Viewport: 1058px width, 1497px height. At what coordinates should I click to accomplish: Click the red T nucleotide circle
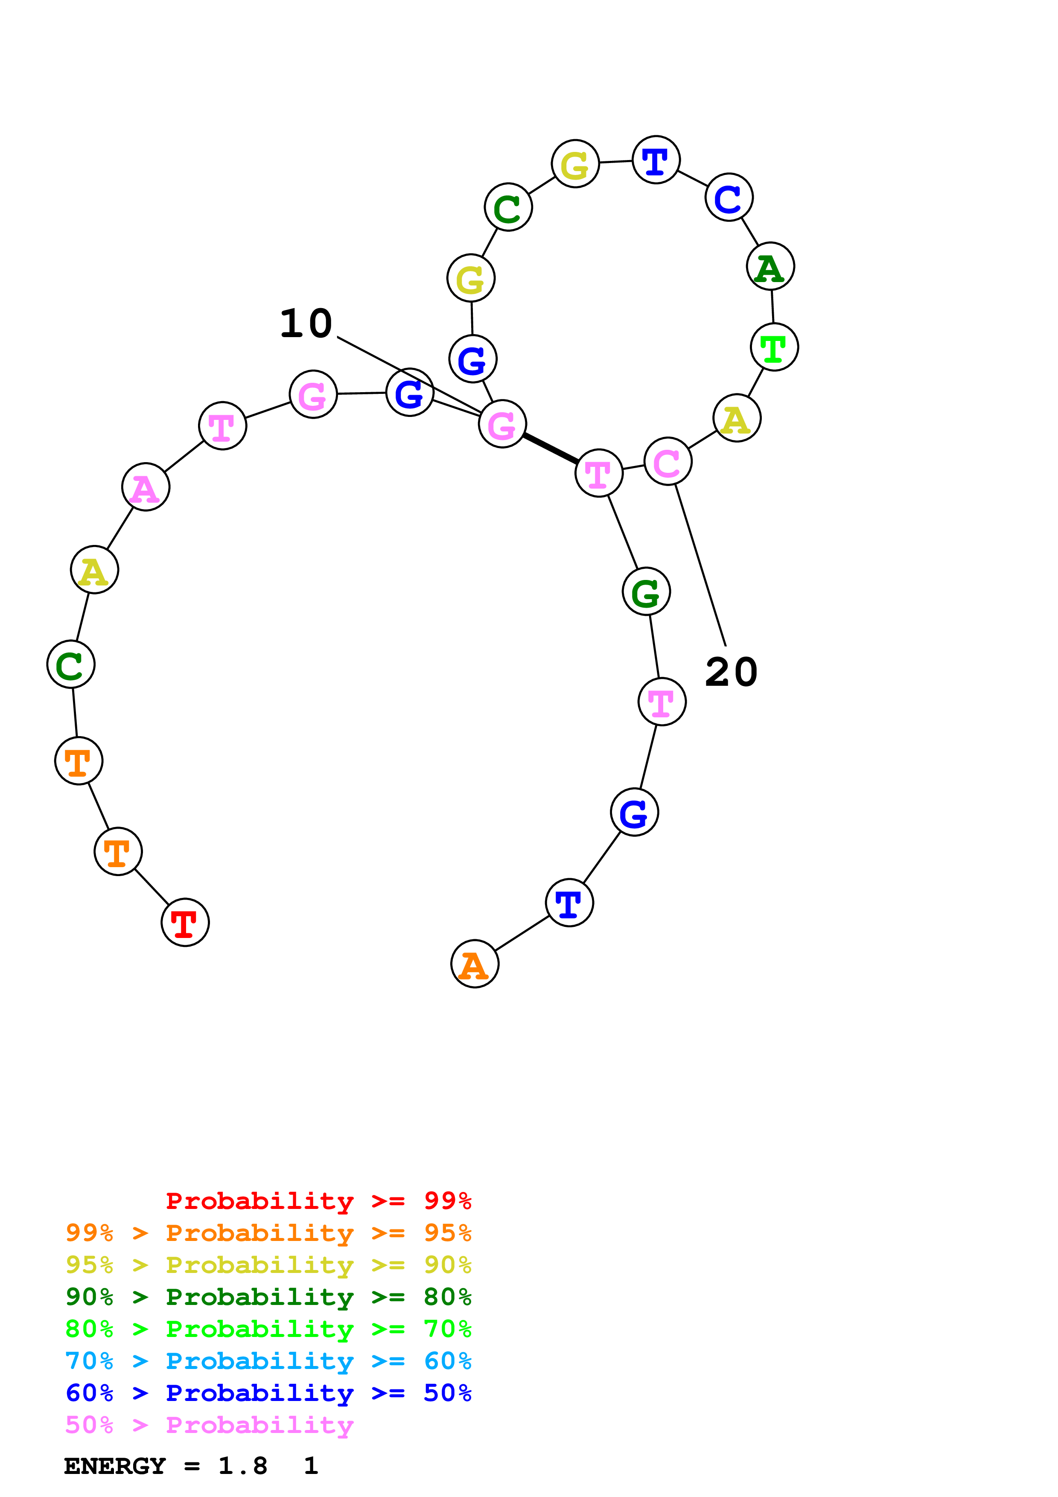point(185,923)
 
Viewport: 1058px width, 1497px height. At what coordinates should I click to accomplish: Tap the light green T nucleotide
point(775,347)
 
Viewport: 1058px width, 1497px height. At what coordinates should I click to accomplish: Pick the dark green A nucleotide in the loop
point(770,267)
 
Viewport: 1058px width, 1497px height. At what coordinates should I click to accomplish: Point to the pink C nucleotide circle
point(667,462)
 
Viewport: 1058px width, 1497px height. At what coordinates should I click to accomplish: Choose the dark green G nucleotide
point(646,592)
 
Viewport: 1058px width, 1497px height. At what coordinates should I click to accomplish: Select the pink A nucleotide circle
point(146,487)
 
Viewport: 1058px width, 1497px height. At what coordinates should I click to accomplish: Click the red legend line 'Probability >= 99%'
point(318,1201)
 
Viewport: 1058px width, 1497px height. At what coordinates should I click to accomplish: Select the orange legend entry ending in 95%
point(268,1233)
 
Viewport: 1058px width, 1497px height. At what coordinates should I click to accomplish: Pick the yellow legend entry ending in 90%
point(268,1265)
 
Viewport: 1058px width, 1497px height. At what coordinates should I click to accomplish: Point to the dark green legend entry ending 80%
point(268,1297)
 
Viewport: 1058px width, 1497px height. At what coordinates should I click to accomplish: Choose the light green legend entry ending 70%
point(268,1329)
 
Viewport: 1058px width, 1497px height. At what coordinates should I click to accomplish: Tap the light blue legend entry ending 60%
point(268,1361)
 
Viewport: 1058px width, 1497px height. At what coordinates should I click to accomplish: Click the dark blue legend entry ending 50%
point(268,1393)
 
